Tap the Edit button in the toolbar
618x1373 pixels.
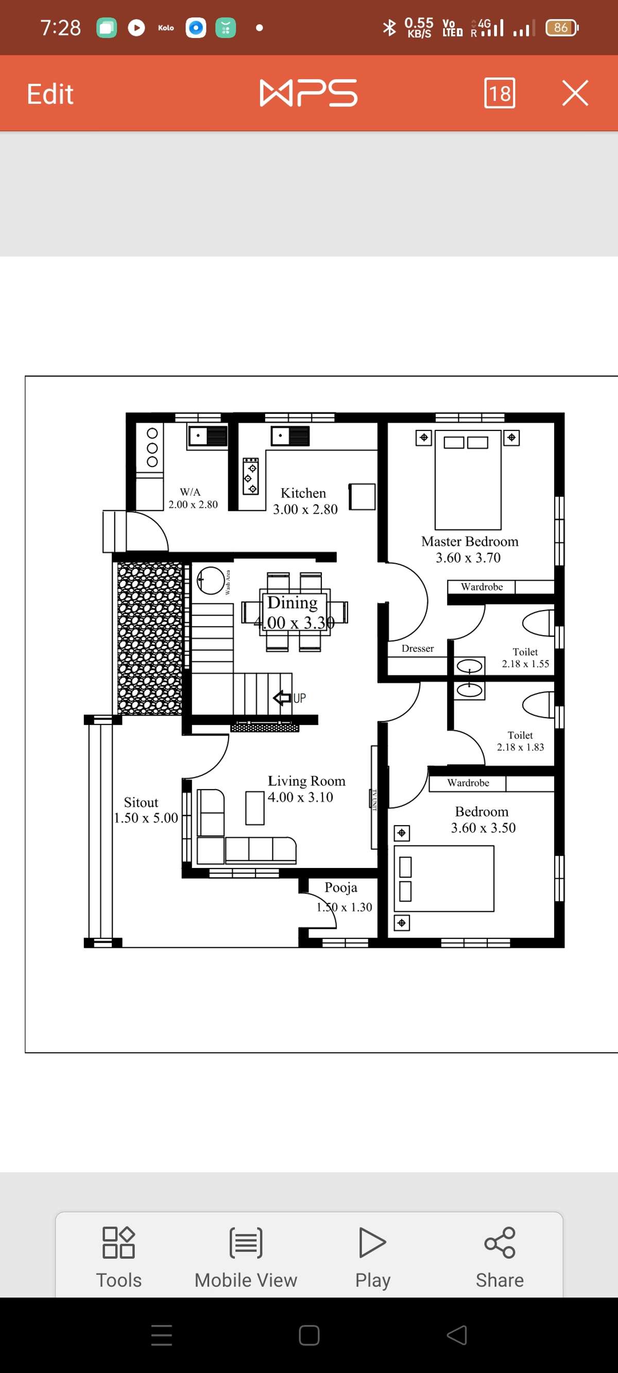(50, 94)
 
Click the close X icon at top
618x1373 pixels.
(575, 93)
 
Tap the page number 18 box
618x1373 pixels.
(499, 93)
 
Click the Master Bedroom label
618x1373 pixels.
(469, 542)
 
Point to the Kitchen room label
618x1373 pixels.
(303, 493)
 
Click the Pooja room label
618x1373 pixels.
(341, 888)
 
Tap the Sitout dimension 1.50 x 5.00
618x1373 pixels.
(146, 818)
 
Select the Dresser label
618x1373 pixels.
(418, 649)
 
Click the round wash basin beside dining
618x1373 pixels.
(211, 580)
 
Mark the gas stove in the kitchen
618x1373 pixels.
(251, 476)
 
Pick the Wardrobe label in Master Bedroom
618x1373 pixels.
(482, 587)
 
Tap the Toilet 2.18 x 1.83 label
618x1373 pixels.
(521, 741)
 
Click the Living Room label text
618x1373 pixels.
(306, 781)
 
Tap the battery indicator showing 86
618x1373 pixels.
(561, 28)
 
